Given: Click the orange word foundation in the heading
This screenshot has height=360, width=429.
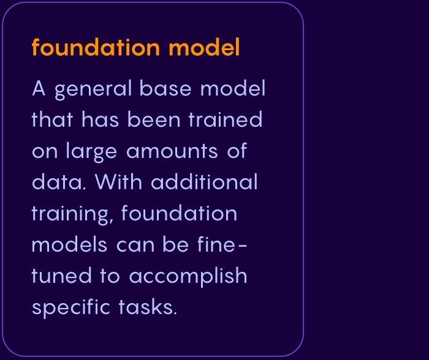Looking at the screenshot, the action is pyautogui.click(x=96, y=47).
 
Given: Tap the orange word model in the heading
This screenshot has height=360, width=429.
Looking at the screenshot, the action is pyautogui.click(x=204, y=47).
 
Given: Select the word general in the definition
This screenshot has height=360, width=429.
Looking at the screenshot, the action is pyautogui.click(x=94, y=89).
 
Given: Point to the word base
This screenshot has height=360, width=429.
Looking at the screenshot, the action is pyautogui.click(x=165, y=88).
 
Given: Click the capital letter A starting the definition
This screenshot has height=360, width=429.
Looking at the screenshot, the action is pyautogui.click(x=39, y=88).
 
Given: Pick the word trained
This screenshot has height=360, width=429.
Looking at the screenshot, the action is pyautogui.click(x=226, y=119).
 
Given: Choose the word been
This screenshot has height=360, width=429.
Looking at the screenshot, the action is pyautogui.click(x=154, y=119).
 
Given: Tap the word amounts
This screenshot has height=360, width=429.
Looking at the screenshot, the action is pyautogui.click(x=172, y=151).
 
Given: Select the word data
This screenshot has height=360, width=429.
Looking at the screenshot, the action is pyautogui.click(x=59, y=181).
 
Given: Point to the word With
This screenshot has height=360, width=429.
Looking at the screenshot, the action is pyautogui.click(x=118, y=181).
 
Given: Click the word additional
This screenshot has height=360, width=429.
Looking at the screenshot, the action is pyautogui.click(x=204, y=181).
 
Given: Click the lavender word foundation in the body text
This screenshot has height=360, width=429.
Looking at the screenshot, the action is pyautogui.click(x=179, y=212).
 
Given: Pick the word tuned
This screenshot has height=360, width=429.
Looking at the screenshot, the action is pyautogui.click(x=61, y=275).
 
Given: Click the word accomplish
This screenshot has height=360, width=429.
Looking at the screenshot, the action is pyautogui.click(x=188, y=277).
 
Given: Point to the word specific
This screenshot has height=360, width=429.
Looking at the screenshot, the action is pyautogui.click(x=71, y=308).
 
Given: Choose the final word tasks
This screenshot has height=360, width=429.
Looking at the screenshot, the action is pyautogui.click(x=148, y=307).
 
